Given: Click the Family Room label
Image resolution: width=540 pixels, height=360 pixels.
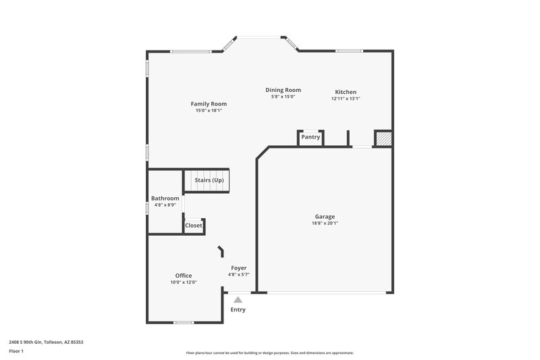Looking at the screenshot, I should click(209, 104).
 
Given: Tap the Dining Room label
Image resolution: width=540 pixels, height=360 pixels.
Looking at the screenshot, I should click(283, 90).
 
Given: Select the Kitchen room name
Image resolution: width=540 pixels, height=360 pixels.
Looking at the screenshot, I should click(346, 92).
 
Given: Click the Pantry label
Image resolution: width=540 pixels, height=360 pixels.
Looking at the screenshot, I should click(310, 137).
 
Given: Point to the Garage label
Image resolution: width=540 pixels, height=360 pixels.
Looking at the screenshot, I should click(324, 216).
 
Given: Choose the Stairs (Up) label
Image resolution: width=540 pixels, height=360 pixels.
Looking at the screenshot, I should click(209, 180).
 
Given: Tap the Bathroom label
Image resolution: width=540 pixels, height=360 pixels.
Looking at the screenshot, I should click(165, 198).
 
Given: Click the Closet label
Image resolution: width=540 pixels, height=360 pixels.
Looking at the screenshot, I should click(193, 226).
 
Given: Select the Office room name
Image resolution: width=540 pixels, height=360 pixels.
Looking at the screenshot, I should click(184, 276).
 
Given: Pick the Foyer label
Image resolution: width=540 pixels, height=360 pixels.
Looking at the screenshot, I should click(239, 268).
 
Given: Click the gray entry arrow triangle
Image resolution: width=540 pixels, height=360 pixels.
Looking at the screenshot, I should click(238, 299).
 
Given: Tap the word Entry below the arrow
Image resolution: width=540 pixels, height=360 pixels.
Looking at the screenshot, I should click(238, 310).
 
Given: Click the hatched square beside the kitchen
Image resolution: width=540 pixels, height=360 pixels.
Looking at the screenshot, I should click(383, 138).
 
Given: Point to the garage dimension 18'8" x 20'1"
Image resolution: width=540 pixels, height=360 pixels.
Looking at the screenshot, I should click(324, 223).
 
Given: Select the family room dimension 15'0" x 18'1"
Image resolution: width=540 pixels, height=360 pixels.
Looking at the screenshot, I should click(209, 111).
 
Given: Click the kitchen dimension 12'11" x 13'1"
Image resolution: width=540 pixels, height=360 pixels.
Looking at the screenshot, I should click(346, 99).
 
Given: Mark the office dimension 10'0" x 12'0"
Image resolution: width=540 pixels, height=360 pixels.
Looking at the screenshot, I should click(184, 282).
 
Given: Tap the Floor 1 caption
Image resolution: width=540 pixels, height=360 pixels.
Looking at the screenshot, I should click(16, 352).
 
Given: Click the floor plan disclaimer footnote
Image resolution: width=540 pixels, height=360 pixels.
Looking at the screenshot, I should click(269, 353).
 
